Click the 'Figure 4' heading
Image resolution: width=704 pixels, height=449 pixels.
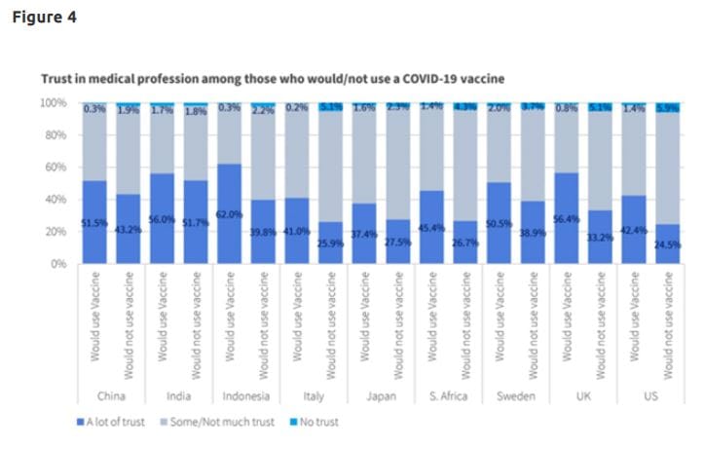coord(44,17)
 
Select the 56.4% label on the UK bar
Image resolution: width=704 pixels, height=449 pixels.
coord(566,220)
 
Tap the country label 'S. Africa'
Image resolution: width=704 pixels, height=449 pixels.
coord(448,396)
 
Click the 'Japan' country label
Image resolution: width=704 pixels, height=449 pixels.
coord(379,396)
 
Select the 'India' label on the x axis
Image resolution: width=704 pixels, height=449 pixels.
coord(178,396)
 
